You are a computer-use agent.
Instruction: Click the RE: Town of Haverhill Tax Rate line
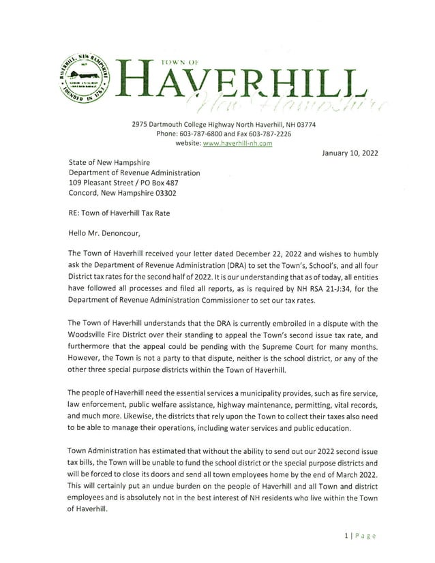point(119,213)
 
